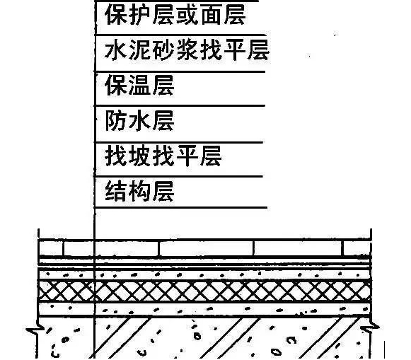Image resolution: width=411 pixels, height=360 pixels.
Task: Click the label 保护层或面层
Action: click(x=175, y=15)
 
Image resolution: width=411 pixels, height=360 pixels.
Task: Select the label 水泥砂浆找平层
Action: click(x=187, y=50)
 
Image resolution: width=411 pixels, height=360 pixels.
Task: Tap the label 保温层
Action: click(x=139, y=85)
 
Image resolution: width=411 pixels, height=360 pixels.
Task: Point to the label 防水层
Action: click(x=139, y=120)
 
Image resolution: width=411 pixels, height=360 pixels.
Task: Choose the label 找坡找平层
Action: click(x=163, y=156)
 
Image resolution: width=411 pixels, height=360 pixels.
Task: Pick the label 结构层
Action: click(x=139, y=191)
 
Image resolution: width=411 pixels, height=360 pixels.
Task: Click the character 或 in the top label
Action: click(x=187, y=15)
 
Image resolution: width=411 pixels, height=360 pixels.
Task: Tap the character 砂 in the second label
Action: click(x=163, y=50)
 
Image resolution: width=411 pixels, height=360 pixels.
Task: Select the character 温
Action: click(x=139, y=85)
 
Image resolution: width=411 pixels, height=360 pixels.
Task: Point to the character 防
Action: click(x=115, y=120)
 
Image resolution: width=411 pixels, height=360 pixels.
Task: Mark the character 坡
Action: click(x=139, y=156)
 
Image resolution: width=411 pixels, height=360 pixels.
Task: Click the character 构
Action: click(x=139, y=191)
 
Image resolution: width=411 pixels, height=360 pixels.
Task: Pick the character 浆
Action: click(x=187, y=50)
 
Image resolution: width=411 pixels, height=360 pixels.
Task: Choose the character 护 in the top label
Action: click(x=139, y=15)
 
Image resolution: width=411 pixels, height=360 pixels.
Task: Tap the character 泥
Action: click(x=139, y=50)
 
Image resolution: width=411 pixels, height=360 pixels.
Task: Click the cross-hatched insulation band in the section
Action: click(x=204, y=291)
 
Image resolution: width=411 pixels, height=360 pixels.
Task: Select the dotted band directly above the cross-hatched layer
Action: click(x=204, y=274)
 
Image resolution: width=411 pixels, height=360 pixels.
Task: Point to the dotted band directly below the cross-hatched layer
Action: click(x=204, y=309)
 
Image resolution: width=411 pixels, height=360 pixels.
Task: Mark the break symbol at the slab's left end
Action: click(x=34, y=329)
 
